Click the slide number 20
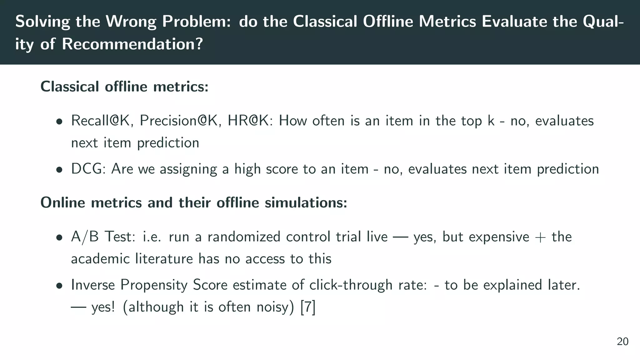pos(622,342)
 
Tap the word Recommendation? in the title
pos(132,44)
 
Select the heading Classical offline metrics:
pos(124,87)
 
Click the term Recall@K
pos(100,121)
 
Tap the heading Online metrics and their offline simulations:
pos(194,202)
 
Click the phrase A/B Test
pos(100,237)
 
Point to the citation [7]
pos(308,307)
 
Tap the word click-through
pos(351,285)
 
